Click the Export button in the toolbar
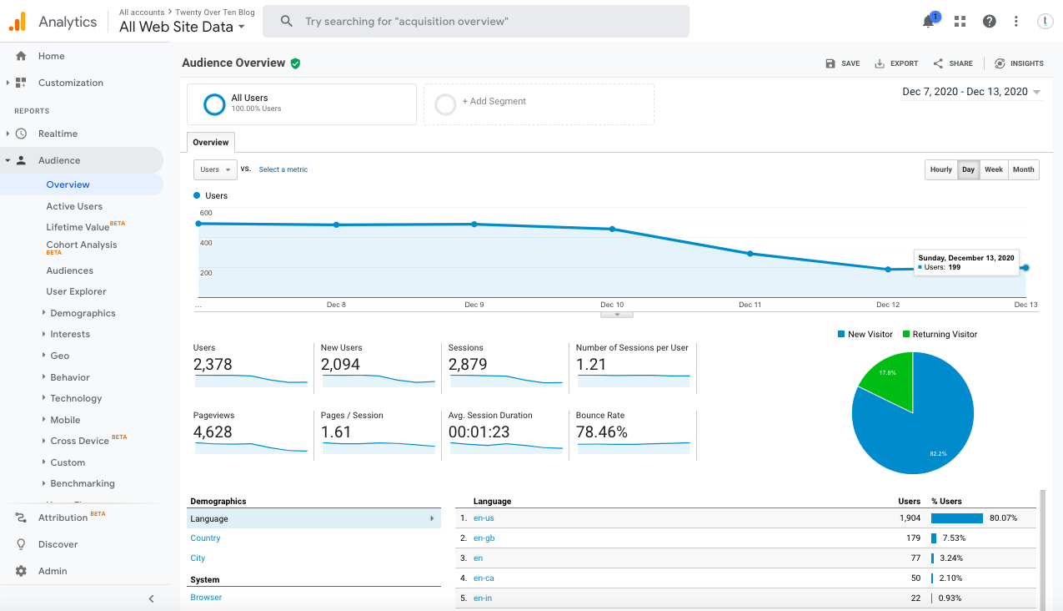(896, 63)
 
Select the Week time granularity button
(993, 169)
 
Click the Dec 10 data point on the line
(612, 229)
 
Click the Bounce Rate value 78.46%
(601, 432)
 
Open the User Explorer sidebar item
(76, 291)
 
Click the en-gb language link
(484, 538)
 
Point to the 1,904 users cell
(910, 518)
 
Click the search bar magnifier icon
(287, 22)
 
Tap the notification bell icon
(929, 22)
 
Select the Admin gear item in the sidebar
(52, 571)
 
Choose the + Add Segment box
(539, 104)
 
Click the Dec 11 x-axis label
(750, 305)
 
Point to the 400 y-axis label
(206, 243)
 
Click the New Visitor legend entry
(865, 334)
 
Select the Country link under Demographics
(205, 538)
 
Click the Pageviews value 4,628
(213, 432)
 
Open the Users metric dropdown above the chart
(215, 169)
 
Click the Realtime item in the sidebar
(58, 134)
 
